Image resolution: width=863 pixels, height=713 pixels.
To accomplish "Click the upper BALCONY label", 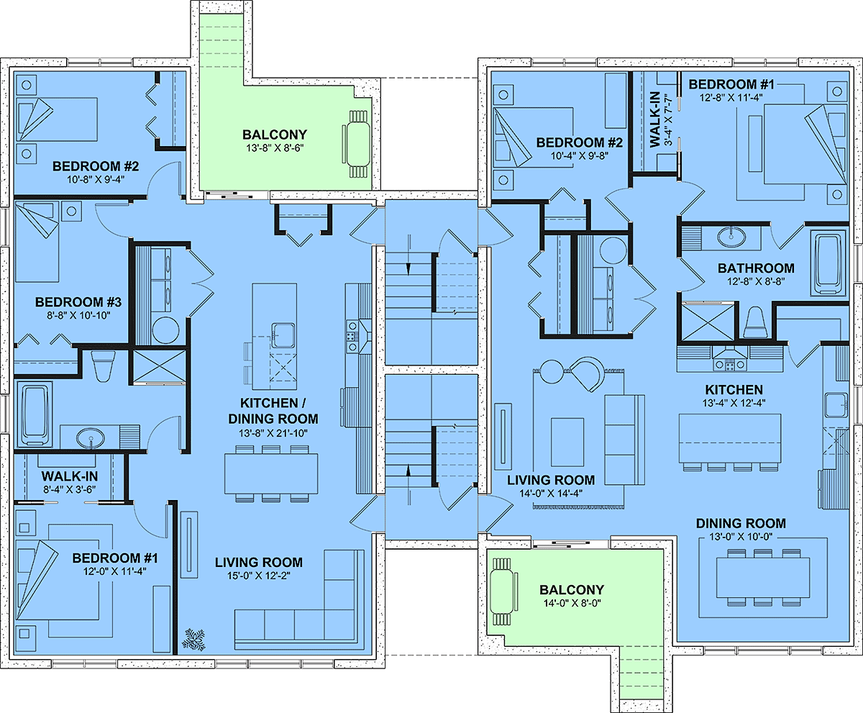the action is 275,135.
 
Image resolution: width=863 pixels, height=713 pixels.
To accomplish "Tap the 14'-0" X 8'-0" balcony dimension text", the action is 572,603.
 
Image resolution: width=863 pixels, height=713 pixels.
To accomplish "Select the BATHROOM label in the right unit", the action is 756,268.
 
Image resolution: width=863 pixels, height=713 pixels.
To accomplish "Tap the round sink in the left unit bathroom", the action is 91,437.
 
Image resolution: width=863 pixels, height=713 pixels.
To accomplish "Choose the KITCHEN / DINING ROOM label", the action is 273,411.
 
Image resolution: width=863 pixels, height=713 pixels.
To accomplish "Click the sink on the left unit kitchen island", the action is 283,335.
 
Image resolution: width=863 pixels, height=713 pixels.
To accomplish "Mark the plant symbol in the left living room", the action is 195,640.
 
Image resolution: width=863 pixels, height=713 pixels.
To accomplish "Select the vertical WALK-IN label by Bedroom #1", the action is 654,119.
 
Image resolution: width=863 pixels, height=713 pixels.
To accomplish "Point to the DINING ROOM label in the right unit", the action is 741,524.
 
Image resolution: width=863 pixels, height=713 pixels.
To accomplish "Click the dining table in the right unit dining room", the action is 763,577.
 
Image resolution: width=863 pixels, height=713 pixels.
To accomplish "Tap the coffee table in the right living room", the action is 567,442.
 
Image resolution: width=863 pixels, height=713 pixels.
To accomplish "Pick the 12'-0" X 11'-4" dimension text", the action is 115,571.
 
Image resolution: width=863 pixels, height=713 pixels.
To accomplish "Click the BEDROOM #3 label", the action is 78,302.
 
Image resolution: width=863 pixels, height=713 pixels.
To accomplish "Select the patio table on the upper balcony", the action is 358,144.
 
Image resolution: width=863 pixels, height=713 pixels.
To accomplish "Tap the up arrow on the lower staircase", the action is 408,484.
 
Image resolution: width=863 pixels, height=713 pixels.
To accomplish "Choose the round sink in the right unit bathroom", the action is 731,236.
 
